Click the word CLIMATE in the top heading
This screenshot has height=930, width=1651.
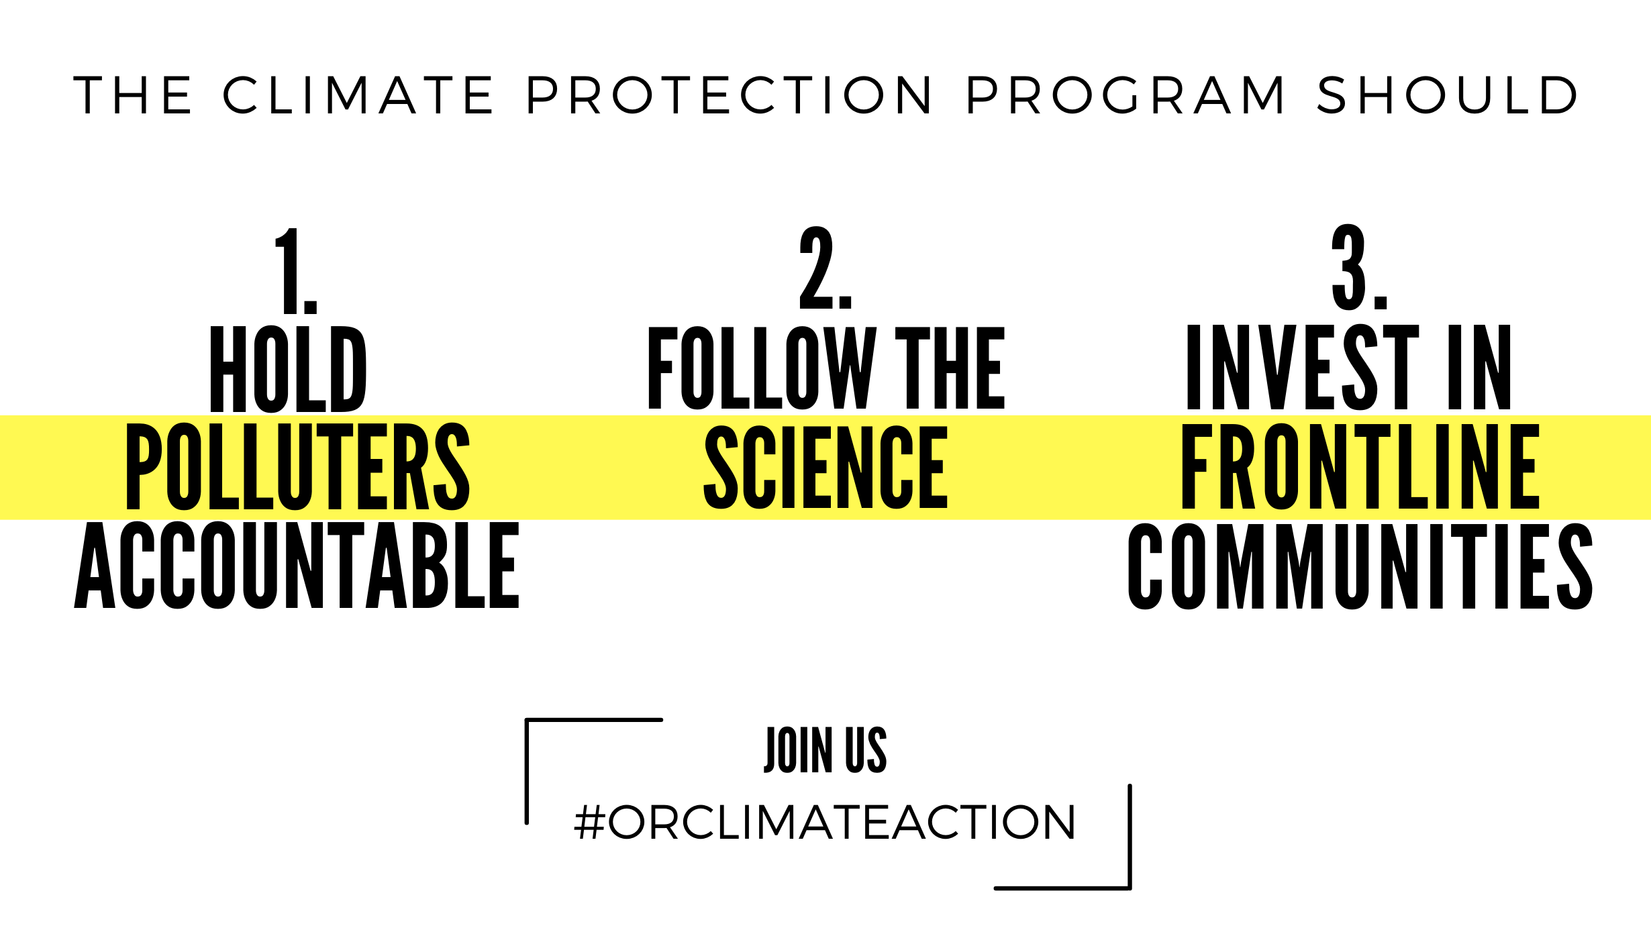358,95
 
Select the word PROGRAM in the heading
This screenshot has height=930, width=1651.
1125,95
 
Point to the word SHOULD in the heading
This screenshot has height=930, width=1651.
1448,95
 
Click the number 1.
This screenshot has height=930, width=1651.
296,270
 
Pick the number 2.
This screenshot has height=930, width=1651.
825,268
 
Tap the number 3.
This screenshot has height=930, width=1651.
1359,267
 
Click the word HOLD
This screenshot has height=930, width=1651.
289,369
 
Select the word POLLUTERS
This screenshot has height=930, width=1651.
298,467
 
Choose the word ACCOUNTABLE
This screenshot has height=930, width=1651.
297,565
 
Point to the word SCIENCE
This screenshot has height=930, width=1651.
825,467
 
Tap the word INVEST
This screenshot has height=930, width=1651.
1303,367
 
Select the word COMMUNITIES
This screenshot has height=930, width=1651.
1360,566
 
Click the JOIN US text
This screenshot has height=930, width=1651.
825,750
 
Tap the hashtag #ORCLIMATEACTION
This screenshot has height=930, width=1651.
825,822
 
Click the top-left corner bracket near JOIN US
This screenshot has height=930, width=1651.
528,721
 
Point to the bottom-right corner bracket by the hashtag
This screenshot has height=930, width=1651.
1130,888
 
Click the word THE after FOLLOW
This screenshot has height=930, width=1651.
950,368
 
